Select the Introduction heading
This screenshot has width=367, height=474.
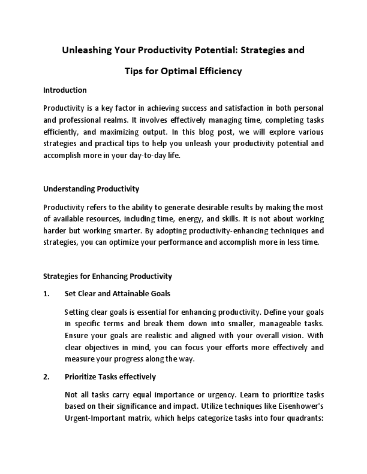coord(65,90)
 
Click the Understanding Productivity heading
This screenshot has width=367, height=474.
coord(91,189)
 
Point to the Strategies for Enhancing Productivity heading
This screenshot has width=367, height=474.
coord(108,276)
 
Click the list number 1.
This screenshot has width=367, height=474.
coord(46,294)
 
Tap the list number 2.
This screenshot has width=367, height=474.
coord(46,377)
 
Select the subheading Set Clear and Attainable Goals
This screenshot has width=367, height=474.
coord(118,294)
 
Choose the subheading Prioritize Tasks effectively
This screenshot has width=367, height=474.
coord(110,377)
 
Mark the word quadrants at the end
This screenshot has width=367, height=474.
coord(303,420)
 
